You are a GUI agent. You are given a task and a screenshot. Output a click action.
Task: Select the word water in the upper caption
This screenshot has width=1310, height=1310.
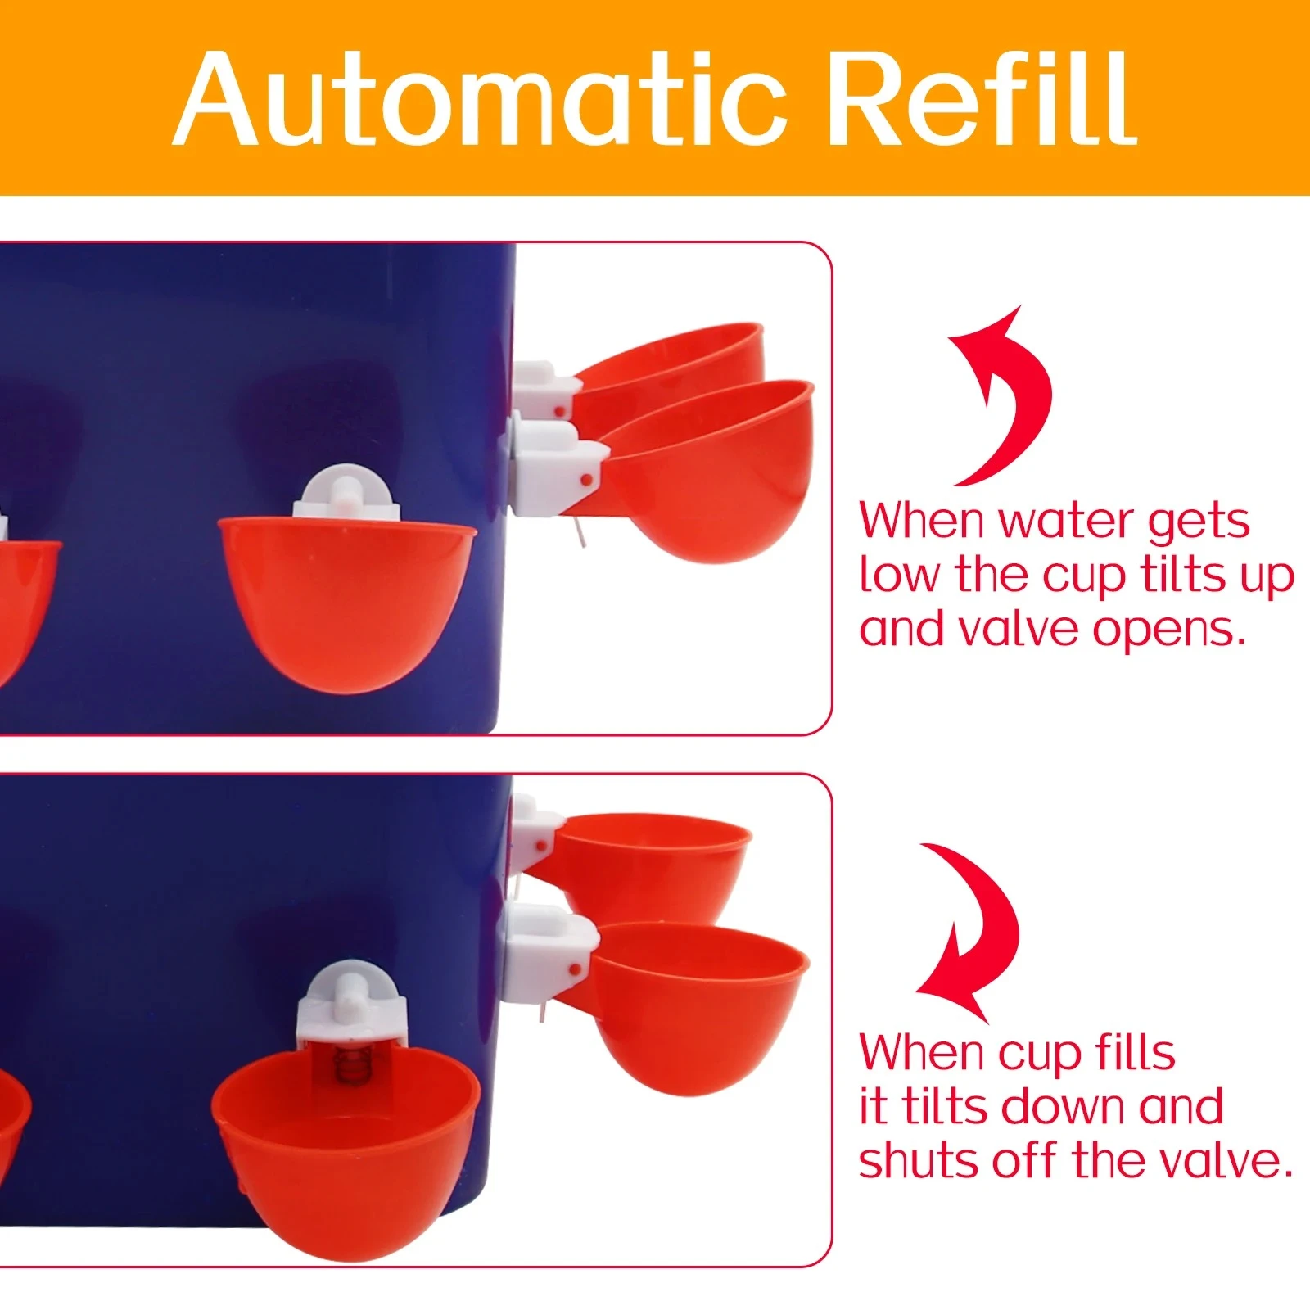click(1066, 521)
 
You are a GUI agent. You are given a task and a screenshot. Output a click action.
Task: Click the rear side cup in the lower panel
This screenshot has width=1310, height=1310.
click(651, 864)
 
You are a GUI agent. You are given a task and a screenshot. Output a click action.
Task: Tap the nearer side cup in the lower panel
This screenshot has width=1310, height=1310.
click(696, 1007)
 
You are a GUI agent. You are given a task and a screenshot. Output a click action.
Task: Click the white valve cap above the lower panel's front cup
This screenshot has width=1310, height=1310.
click(351, 1003)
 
